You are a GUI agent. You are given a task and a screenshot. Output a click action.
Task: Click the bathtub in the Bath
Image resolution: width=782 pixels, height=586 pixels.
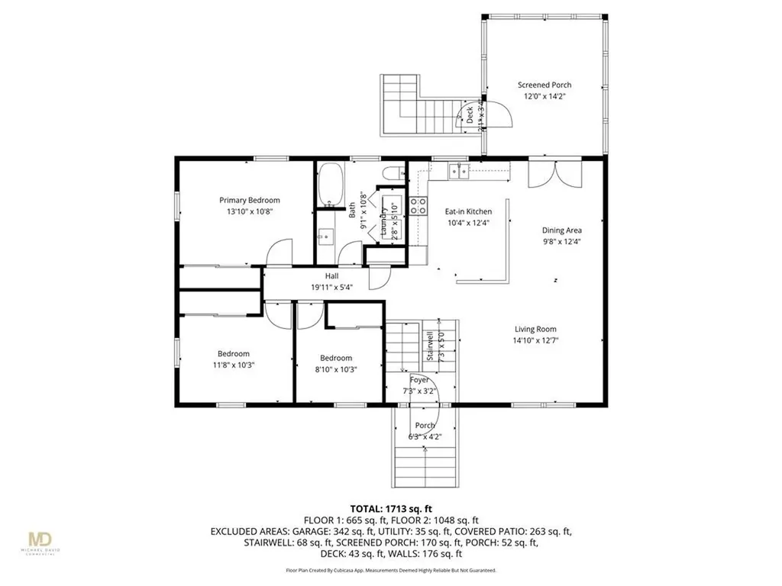click(331, 185)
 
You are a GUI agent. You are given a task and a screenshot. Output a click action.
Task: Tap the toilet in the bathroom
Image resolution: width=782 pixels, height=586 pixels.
click(392, 174)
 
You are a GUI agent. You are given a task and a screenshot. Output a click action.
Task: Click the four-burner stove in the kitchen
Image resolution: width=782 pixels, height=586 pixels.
click(418, 204)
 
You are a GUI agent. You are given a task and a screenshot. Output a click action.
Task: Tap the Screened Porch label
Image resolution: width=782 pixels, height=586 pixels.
click(544, 85)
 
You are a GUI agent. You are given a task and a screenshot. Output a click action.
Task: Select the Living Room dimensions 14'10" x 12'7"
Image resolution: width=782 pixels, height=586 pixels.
click(544, 341)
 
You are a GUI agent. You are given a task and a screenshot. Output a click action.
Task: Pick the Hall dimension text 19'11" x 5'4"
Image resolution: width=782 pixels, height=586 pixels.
click(331, 287)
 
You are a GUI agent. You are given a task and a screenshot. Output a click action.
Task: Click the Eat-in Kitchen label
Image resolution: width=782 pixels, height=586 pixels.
click(468, 211)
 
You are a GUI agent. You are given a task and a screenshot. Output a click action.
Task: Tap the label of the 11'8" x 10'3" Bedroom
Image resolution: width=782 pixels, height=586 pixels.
click(233, 353)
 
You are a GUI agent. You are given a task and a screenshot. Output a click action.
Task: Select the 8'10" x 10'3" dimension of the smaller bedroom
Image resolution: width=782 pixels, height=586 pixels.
click(335, 369)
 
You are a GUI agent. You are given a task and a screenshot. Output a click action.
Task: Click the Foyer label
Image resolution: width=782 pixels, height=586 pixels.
click(419, 380)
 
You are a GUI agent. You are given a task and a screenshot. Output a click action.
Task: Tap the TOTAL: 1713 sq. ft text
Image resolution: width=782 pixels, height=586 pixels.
click(390, 507)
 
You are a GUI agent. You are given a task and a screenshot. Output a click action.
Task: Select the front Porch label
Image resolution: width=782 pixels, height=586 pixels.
click(425, 426)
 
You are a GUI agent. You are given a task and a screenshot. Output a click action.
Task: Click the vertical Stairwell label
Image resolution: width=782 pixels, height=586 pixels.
click(431, 345)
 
